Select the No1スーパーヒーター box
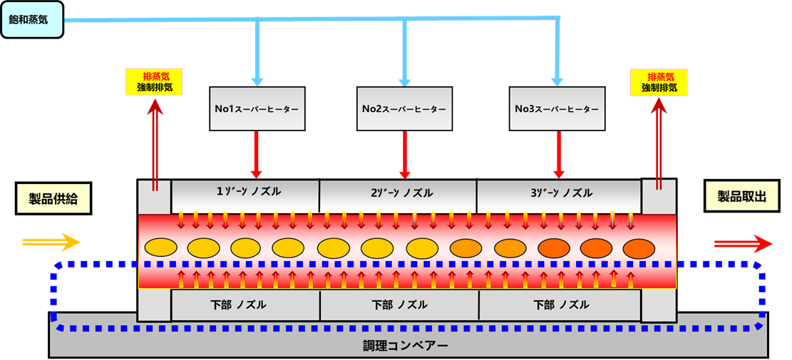(257, 109)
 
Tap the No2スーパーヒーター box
(404, 109)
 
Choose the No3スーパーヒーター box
(557, 109)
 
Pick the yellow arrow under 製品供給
(51, 242)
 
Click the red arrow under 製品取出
(743, 244)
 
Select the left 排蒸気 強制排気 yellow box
(154, 82)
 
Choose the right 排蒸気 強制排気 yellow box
(659, 82)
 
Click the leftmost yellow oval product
(161, 247)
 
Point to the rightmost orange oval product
(638, 247)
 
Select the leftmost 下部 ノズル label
(242, 305)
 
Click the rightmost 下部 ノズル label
(561, 305)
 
